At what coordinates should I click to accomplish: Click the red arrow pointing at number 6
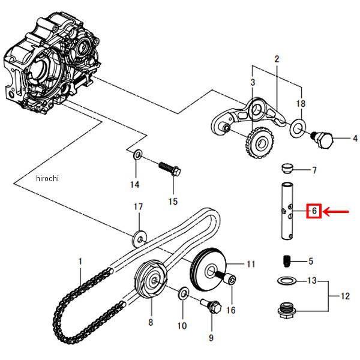tap(337, 211)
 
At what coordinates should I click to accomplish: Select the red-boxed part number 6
tap(314, 211)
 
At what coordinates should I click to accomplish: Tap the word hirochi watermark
tap(48, 178)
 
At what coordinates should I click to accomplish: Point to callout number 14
tap(135, 184)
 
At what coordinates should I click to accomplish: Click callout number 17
tap(139, 206)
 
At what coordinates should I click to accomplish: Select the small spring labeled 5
tap(287, 261)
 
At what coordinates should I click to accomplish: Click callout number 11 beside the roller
tap(251, 263)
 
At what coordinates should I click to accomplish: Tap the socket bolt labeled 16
tap(227, 280)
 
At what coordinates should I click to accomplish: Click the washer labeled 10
tap(184, 293)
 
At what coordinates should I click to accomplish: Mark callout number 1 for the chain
tap(79, 262)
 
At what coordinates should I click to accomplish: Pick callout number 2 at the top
tap(277, 59)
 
